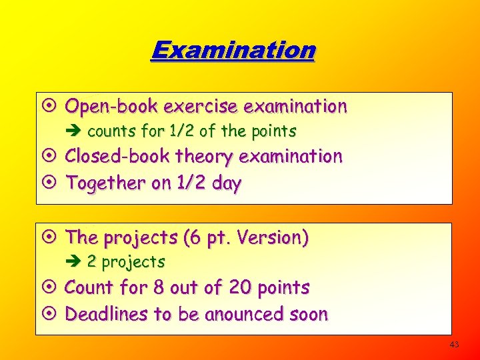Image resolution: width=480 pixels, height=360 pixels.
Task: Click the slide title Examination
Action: (233, 50)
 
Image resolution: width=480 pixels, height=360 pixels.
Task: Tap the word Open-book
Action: (111, 106)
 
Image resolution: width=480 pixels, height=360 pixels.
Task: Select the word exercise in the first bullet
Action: (201, 106)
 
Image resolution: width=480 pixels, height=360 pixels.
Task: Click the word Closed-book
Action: (118, 157)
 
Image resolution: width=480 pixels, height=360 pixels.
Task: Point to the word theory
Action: (204, 157)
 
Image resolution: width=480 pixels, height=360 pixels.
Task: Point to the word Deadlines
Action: (107, 314)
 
